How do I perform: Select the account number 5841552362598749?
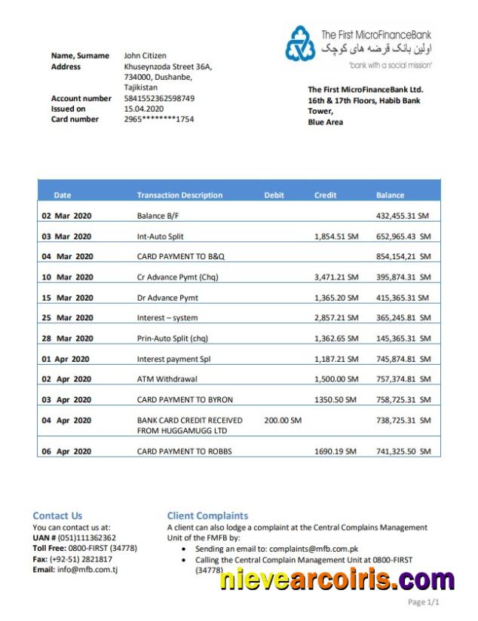[x=159, y=98]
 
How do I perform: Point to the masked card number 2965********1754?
[x=159, y=119]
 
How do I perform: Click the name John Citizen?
[x=145, y=56]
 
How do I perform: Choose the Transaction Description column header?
[x=179, y=195]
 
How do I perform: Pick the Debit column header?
[x=274, y=195]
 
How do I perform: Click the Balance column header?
[x=390, y=195]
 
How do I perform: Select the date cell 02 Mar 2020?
[x=66, y=216]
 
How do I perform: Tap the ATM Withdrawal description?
[x=164, y=379]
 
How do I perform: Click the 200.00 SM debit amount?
[x=283, y=420]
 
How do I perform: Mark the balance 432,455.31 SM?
[x=403, y=216]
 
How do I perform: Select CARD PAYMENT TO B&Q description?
[x=180, y=257]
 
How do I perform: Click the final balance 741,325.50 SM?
[x=403, y=451]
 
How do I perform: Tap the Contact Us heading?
[x=57, y=515]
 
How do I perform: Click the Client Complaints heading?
[x=207, y=515]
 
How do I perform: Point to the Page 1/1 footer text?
[x=423, y=602]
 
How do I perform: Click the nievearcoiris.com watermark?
[x=337, y=580]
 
